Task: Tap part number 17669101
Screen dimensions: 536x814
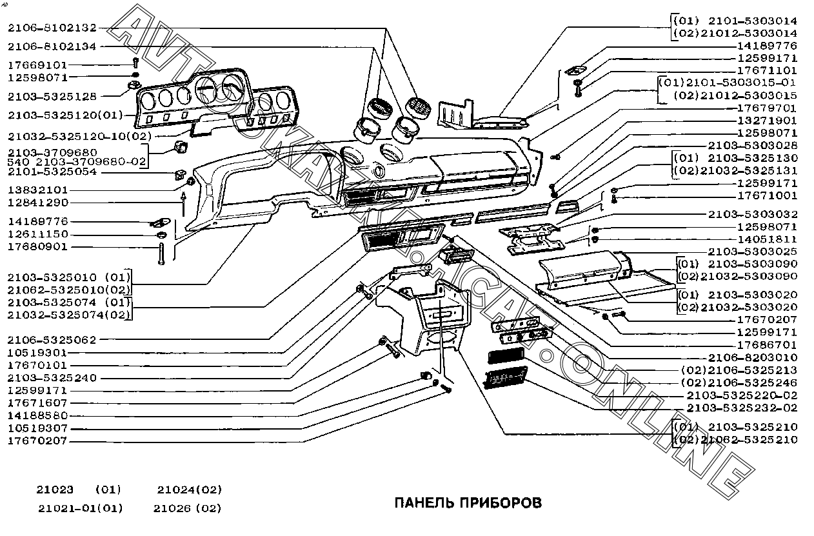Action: pos(37,65)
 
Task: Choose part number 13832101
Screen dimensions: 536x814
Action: pos(37,190)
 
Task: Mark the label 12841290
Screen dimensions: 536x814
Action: pos(37,203)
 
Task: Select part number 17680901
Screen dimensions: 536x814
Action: pos(37,246)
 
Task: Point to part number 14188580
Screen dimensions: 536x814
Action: pos(37,416)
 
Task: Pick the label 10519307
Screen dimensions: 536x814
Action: pos(37,428)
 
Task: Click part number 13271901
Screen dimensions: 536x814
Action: pos(767,121)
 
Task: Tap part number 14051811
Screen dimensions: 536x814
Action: pos(767,239)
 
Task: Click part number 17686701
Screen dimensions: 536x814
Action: pos(767,345)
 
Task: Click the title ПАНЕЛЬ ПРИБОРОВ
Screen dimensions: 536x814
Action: pos(468,502)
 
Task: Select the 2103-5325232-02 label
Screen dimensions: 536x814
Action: pos(742,408)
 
